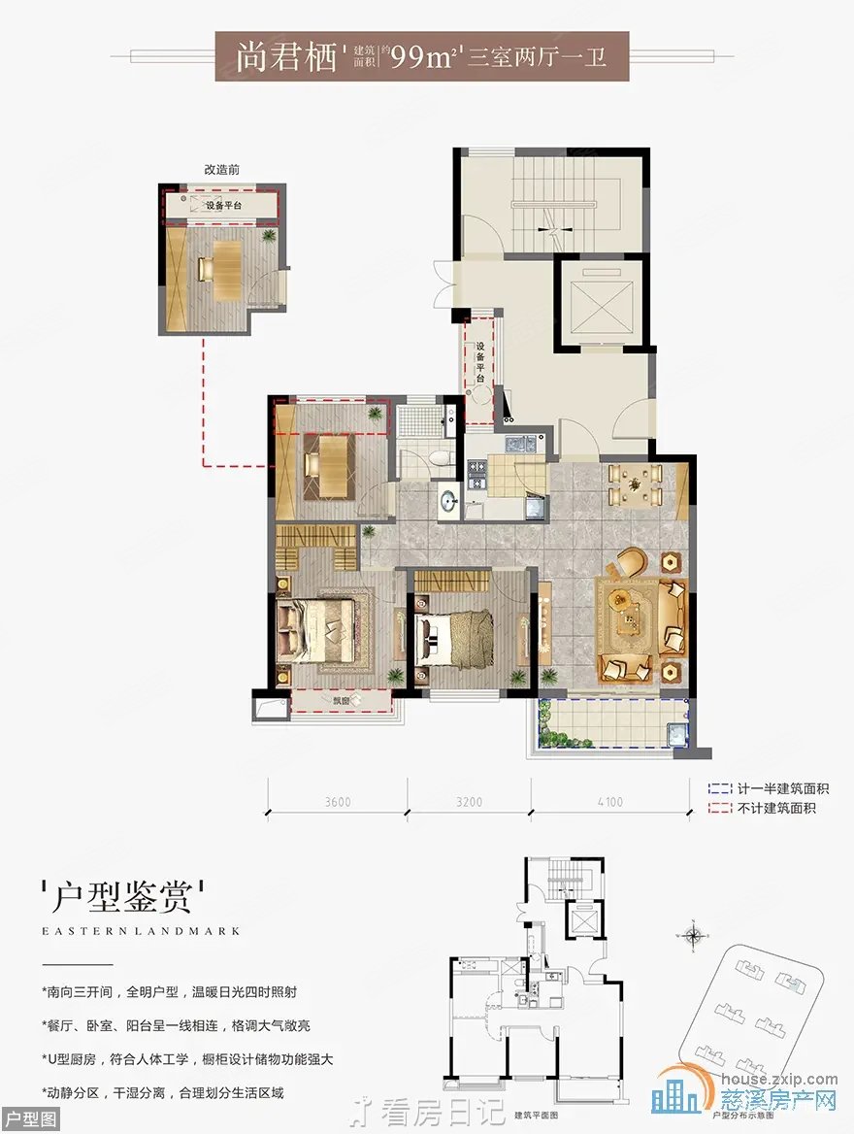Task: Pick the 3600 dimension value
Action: click(337, 802)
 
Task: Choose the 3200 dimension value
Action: click(469, 802)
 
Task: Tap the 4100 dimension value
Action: click(610, 802)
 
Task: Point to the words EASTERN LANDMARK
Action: click(142, 930)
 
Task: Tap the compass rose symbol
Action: click(693, 936)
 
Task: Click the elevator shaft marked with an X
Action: click(602, 305)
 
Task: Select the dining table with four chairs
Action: click(635, 484)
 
